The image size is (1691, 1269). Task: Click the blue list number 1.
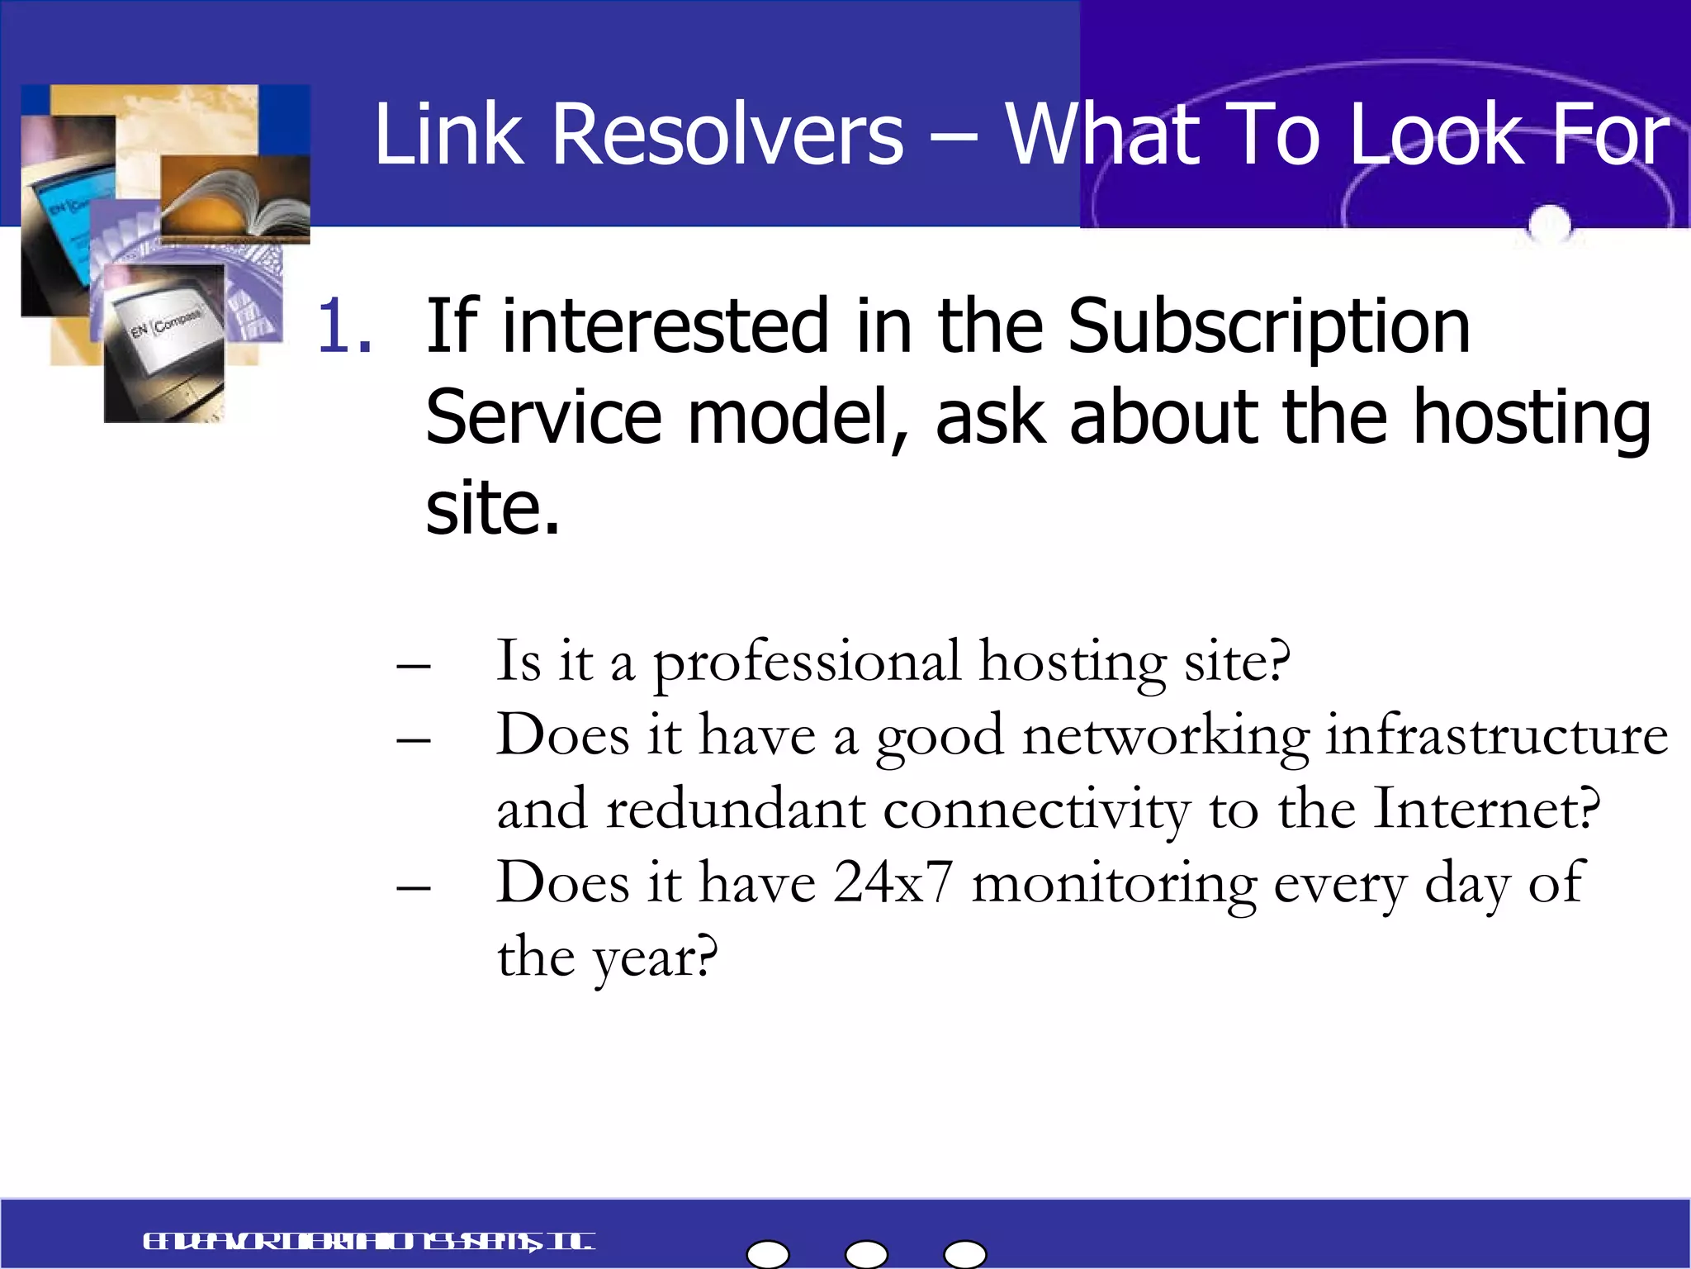(343, 326)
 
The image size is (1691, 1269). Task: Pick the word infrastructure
(1496, 735)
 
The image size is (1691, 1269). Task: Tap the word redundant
(736, 809)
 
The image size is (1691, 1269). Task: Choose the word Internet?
(1486, 809)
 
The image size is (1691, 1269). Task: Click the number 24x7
(893, 882)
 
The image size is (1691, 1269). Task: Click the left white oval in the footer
(768, 1254)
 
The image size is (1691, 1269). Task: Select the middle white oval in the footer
(866, 1254)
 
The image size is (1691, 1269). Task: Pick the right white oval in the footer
(964, 1254)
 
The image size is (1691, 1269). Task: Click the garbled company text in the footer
(368, 1242)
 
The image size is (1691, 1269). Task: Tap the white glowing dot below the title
(1549, 223)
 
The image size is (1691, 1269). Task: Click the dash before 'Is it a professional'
(414, 665)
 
